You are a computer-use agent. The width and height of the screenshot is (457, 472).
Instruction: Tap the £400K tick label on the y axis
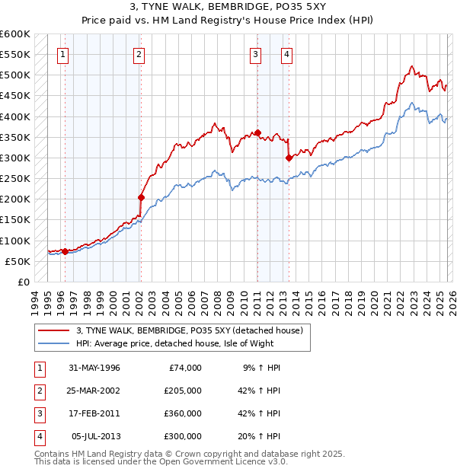[x=15, y=116]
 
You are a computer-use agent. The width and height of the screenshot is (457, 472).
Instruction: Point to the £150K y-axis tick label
[x=15, y=220]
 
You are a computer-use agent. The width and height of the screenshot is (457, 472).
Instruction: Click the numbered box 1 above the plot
[x=62, y=54]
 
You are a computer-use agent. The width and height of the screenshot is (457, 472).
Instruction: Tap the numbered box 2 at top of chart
[x=139, y=54]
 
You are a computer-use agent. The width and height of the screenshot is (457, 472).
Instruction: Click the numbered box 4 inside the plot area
[x=286, y=54]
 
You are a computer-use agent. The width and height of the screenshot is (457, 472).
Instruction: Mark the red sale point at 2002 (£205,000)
[x=141, y=197]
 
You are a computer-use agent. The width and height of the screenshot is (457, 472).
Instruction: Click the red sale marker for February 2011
[x=257, y=133]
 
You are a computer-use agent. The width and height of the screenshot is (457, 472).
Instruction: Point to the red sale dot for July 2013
[x=289, y=158]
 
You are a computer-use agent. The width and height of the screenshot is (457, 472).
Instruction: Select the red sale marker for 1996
[x=65, y=251]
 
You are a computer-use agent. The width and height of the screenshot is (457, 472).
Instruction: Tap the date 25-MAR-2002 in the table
[x=94, y=391]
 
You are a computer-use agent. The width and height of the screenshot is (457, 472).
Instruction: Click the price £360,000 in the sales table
[x=182, y=413]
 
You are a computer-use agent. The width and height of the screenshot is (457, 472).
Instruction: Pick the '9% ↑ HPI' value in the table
[x=261, y=368]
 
